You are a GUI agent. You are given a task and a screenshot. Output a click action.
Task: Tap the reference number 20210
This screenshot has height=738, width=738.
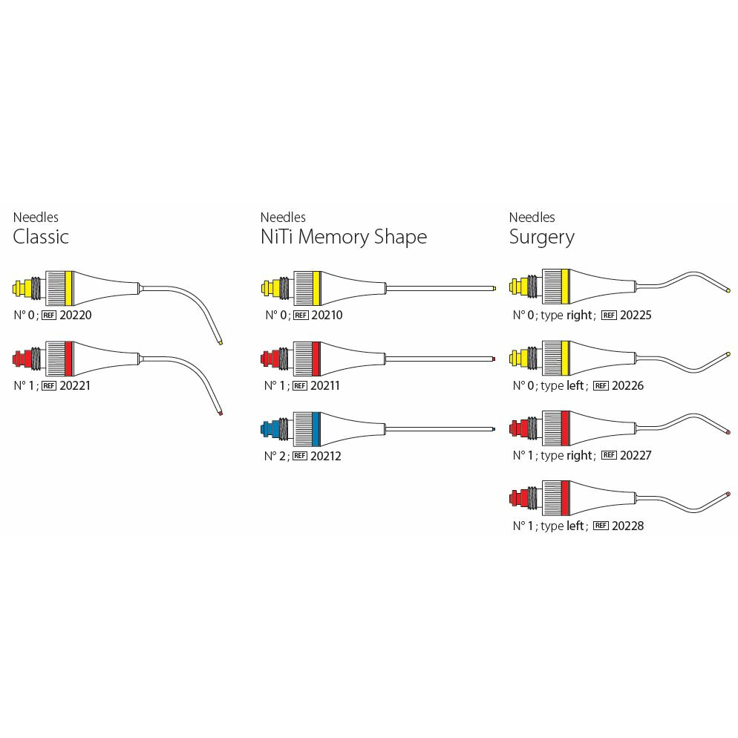(x=327, y=315)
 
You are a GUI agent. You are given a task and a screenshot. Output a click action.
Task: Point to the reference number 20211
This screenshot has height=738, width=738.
(x=327, y=385)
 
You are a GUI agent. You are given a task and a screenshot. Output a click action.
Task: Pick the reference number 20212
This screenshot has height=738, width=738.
(x=327, y=456)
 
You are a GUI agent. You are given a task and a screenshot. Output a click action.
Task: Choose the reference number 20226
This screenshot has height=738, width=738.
(x=627, y=385)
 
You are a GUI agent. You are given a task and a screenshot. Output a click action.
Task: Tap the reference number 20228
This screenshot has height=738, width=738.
(x=627, y=526)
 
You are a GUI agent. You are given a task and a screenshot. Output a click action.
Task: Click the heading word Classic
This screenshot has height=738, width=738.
(x=41, y=237)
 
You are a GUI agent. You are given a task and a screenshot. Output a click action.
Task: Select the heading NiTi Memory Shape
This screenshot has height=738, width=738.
(x=343, y=237)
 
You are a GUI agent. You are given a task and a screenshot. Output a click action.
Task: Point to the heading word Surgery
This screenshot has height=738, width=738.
(x=541, y=237)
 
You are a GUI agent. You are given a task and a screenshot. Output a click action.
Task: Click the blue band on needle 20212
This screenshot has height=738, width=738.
(x=316, y=429)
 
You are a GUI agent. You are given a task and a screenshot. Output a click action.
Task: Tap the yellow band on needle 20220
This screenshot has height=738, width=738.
(x=68, y=288)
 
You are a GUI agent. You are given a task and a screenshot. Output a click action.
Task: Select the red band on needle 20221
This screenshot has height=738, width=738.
(x=68, y=359)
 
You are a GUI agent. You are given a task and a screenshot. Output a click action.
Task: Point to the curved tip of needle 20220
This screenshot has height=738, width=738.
(x=221, y=342)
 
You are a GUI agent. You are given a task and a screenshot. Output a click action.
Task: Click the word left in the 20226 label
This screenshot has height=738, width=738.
(x=575, y=385)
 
